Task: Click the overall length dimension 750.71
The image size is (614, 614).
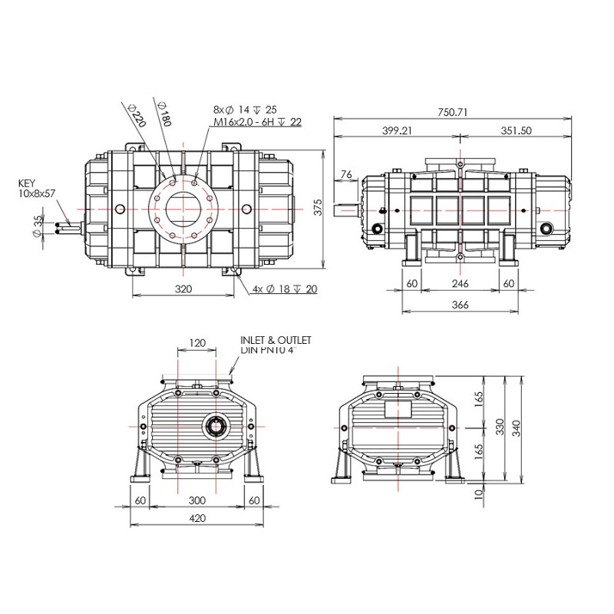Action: click(x=452, y=112)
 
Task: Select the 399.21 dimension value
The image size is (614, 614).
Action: click(x=397, y=130)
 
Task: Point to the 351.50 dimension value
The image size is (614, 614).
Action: click(x=515, y=130)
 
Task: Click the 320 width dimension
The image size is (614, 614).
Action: click(x=183, y=289)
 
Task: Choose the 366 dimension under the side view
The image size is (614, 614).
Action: click(x=460, y=305)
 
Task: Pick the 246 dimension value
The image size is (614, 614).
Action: click(x=460, y=284)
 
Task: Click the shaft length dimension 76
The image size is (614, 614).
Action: click(x=346, y=176)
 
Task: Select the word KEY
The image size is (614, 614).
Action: click(x=26, y=184)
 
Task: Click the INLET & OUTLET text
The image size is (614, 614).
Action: click(x=276, y=339)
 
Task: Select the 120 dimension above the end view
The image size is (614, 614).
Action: click(x=198, y=343)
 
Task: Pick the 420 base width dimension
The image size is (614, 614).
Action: click(x=197, y=518)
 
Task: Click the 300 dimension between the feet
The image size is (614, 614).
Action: click(x=197, y=500)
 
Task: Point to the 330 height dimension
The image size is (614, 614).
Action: click(x=500, y=428)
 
